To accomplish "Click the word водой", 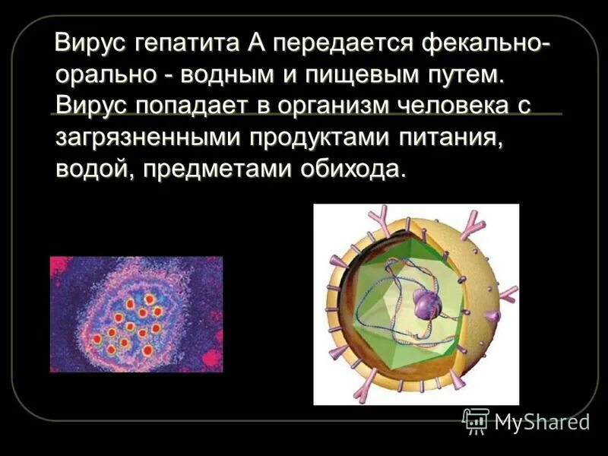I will tap(90, 169).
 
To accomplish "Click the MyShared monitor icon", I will tap(476, 420).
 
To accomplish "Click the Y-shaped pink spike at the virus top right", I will tap(475, 221).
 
